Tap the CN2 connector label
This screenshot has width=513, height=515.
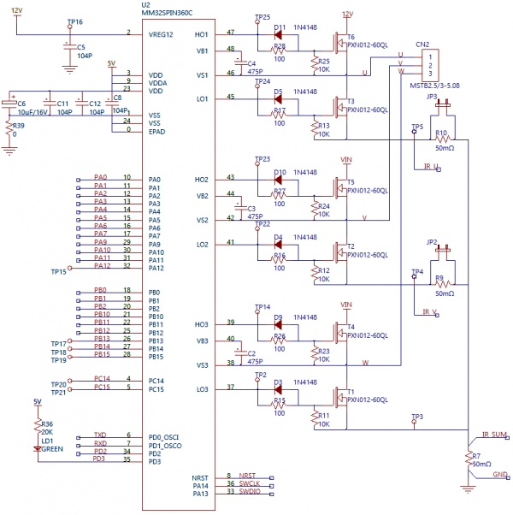click(422, 44)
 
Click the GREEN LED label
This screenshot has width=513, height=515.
click(52, 448)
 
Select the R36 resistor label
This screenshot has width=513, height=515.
click(47, 423)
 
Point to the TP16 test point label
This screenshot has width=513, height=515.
click(74, 21)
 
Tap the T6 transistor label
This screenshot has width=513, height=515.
click(350, 38)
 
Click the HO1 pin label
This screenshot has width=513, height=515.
click(202, 33)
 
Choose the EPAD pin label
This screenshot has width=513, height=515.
click(156, 130)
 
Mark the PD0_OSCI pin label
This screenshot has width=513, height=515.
click(166, 435)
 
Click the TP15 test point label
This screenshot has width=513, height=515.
click(57, 271)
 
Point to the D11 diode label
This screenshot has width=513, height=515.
click(280, 27)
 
